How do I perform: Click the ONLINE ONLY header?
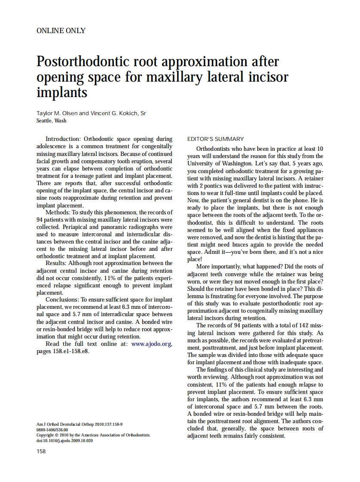click(x=61, y=31)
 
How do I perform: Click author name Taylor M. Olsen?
click(x=57, y=113)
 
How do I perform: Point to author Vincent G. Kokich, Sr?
click(x=118, y=113)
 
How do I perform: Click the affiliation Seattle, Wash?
click(x=52, y=121)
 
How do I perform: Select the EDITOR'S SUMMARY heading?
click(x=215, y=139)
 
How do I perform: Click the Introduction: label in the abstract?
click(x=63, y=139)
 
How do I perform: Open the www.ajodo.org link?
click(x=151, y=344)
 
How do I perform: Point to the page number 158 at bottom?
click(x=41, y=451)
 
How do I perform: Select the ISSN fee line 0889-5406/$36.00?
click(x=52, y=429)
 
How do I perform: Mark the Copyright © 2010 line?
click(x=93, y=435)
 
